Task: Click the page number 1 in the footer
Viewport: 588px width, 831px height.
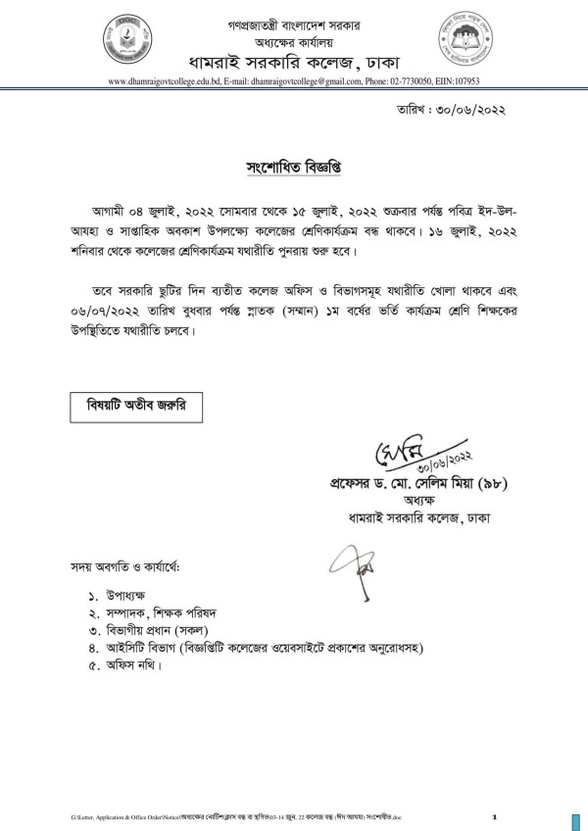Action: point(495,816)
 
